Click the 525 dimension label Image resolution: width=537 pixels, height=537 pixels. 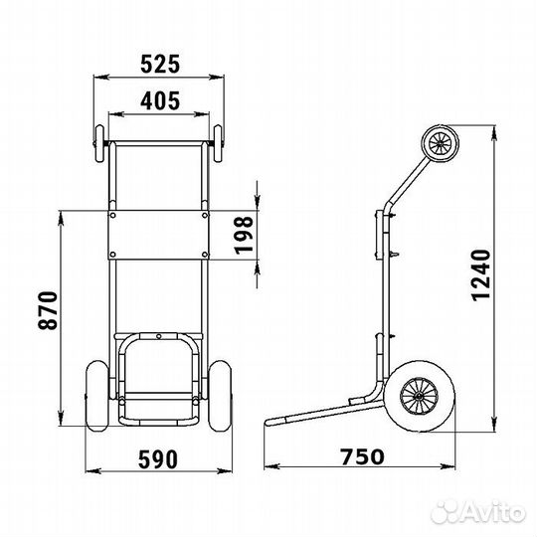(x=160, y=64)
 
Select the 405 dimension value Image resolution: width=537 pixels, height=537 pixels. (x=160, y=100)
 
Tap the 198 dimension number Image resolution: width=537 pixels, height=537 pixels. (x=245, y=235)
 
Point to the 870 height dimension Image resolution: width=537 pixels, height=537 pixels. (x=48, y=310)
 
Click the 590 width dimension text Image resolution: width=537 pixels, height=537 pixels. (x=158, y=459)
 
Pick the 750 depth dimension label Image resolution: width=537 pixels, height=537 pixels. (x=362, y=456)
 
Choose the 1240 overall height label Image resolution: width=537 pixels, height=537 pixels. (x=481, y=275)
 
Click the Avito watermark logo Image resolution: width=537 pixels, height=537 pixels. (x=478, y=513)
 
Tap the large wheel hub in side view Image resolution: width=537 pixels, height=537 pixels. (x=420, y=396)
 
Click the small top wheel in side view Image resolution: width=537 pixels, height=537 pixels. (x=440, y=142)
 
